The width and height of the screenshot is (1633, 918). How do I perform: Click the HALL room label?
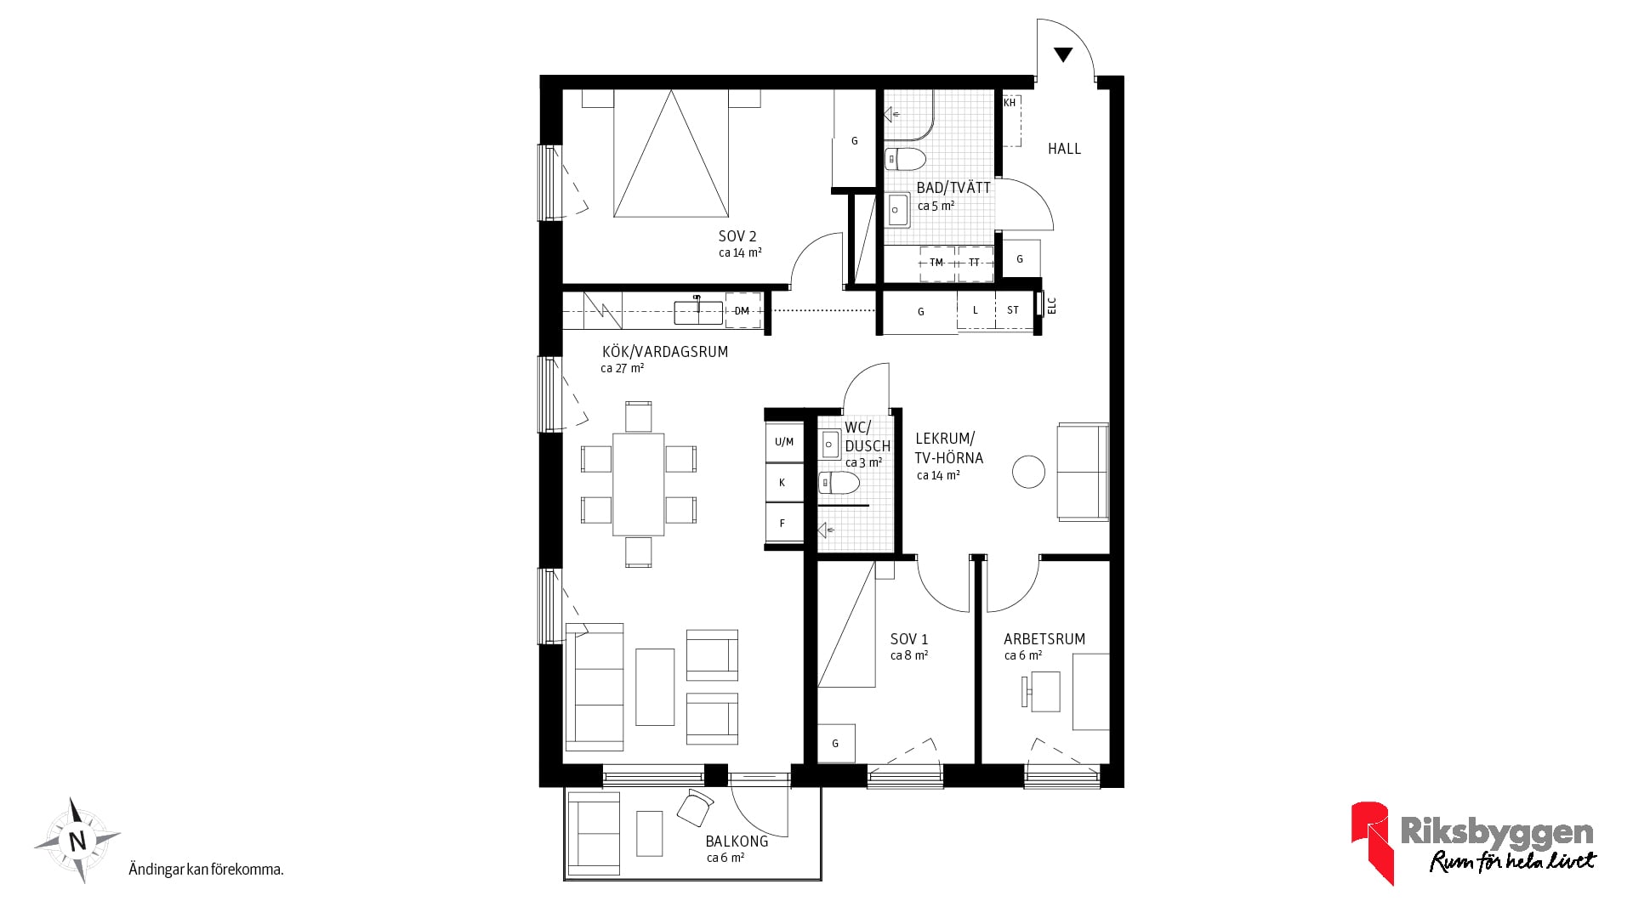point(1064,149)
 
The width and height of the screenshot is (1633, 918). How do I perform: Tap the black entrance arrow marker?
point(1062,55)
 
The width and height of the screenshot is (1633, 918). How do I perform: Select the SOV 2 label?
point(737,236)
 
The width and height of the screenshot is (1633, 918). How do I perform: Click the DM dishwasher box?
point(743,311)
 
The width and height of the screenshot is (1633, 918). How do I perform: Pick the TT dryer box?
point(976,263)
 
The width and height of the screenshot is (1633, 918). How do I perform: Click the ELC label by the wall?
point(1051,304)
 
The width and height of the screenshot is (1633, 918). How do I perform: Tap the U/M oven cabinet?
point(784,441)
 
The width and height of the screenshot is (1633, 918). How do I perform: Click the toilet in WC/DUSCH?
point(839,484)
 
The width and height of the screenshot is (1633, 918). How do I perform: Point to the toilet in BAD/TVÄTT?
point(905,159)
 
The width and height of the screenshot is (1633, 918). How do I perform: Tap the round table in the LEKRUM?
point(1028,471)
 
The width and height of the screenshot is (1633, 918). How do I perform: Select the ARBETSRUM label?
point(1044,639)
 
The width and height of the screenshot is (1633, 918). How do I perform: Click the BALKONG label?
point(737,841)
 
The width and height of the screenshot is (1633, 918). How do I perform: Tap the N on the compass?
point(77,841)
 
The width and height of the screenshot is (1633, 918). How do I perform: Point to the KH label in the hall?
point(1010,103)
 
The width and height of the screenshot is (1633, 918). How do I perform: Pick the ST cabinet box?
point(1013,310)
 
